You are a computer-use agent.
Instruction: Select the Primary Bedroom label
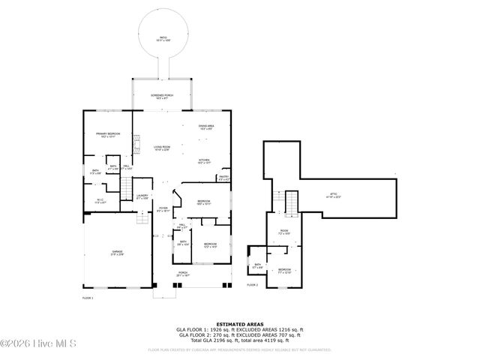[108, 135]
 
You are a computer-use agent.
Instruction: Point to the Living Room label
[162, 148]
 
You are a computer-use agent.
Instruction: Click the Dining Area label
[205, 127]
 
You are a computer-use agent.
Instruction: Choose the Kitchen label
[203, 161]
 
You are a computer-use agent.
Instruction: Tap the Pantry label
[223, 179]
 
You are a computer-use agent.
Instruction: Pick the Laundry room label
[142, 197]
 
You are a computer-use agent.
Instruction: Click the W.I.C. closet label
[101, 200]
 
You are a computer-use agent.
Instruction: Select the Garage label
[118, 253]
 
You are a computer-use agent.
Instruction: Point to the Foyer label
[163, 210]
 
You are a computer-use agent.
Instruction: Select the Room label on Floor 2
[284, 232]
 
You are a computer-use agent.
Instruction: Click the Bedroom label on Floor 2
[284, 270]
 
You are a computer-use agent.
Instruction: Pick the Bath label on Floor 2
[257, 265]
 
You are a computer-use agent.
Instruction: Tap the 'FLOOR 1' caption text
[88, 298]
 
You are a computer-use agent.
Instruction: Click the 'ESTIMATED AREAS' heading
[239, 324]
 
